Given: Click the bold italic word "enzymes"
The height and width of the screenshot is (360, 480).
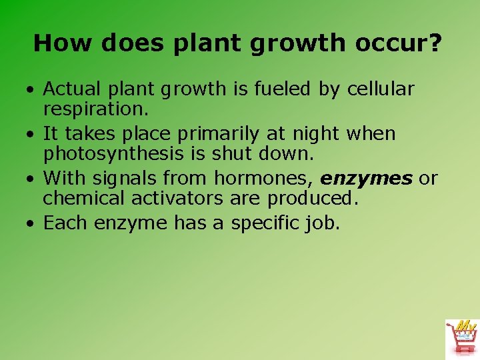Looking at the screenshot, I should tap(366, 178).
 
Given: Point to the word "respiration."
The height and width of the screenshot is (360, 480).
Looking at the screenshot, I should tap(95, 108).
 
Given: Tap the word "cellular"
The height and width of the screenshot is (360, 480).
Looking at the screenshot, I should tap(381, 89).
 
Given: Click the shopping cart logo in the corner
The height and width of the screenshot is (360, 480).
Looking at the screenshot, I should tap(461, 338).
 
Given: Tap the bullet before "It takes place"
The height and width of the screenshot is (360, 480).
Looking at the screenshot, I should tap(31, 135).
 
